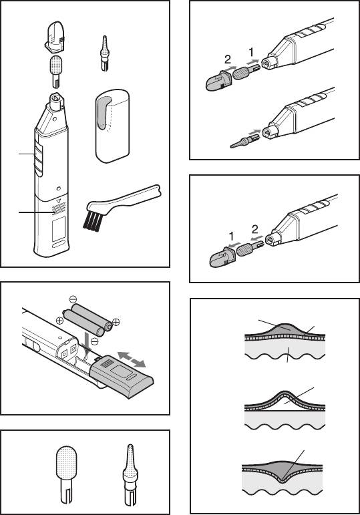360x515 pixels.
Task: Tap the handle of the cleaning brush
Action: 132,196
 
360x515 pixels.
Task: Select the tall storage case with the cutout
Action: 112,126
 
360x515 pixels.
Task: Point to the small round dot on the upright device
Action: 59,189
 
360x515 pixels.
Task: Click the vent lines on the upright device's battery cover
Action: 59,208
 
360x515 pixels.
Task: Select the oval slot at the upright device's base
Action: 59,245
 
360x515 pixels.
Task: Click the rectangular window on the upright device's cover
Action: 59,229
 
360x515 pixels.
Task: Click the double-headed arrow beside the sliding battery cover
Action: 132,359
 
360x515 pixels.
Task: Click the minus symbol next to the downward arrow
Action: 94,341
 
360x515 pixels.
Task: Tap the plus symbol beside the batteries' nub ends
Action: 116,322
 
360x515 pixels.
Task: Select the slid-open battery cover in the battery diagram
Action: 121,376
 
